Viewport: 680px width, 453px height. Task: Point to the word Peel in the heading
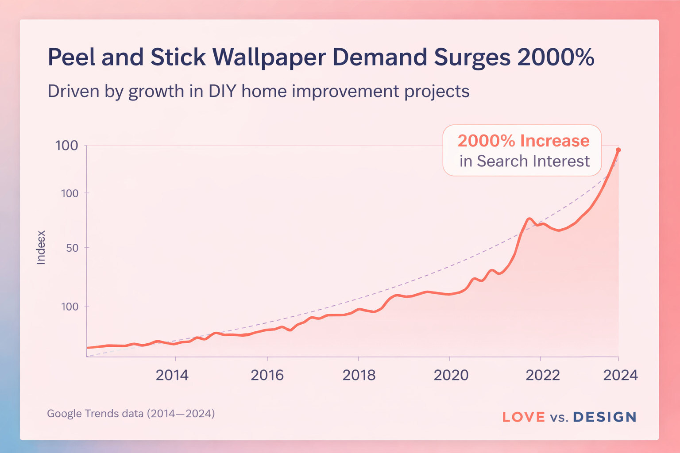[x=71, y=58]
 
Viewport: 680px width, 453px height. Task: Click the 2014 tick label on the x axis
[x=172, y=375]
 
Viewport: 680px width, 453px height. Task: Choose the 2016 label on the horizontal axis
[x=267, y=375]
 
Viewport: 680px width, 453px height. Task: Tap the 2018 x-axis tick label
[x=359, y=375]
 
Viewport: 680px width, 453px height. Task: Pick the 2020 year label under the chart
[x=451, y=375]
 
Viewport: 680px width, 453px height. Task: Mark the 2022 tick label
[x=542, y=375]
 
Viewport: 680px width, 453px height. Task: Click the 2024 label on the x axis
[x=620, y=375]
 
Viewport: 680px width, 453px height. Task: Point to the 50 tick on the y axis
[x=72, y=248]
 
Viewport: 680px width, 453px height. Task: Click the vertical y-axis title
[x=41, y=248]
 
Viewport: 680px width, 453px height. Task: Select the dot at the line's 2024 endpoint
[x=618, y=150]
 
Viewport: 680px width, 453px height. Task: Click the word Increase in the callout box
[x=555, y=141]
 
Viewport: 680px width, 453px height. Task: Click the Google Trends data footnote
[x=131, y=414]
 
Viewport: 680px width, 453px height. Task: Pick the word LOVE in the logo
[x=524, y=417]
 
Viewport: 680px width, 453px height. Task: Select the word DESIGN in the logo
[x=604, y=417]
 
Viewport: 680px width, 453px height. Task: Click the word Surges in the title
[x=471, y=58]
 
